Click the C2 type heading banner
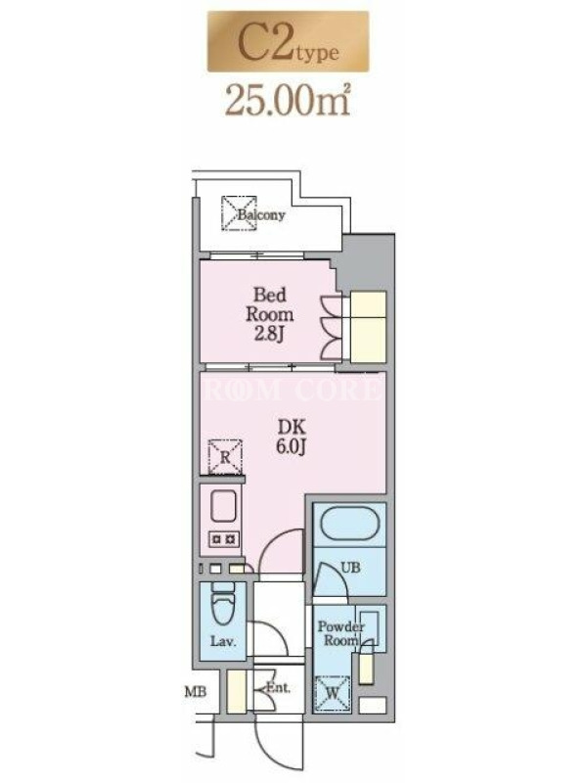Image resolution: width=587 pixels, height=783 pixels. point(288,41)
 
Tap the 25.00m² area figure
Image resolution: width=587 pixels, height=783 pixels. point(288,100)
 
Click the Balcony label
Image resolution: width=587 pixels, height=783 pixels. point(261,215)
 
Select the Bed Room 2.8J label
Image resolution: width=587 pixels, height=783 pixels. point(270,313)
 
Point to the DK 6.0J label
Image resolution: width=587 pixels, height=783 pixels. point(292,437)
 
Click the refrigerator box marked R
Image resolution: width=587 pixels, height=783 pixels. point(225,456)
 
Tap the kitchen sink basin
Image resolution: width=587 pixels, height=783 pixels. point(223,506)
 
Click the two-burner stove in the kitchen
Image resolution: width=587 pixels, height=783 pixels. point(223,539)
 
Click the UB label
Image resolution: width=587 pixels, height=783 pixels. point(350,568)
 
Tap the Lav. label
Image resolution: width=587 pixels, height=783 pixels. point(223,641)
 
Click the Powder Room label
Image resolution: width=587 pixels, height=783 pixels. point(340,633)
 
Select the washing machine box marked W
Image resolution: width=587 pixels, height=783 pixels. point(333,693)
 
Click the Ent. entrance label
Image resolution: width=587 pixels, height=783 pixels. point(278,688)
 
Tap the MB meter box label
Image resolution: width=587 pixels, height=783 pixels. point(196,692)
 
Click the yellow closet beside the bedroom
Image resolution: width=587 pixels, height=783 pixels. point(369,327)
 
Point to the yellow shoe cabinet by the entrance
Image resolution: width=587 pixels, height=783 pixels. point(236,691)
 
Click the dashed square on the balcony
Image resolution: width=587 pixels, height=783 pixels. point(239,213)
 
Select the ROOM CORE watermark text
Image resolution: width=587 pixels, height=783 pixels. point(292,390)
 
